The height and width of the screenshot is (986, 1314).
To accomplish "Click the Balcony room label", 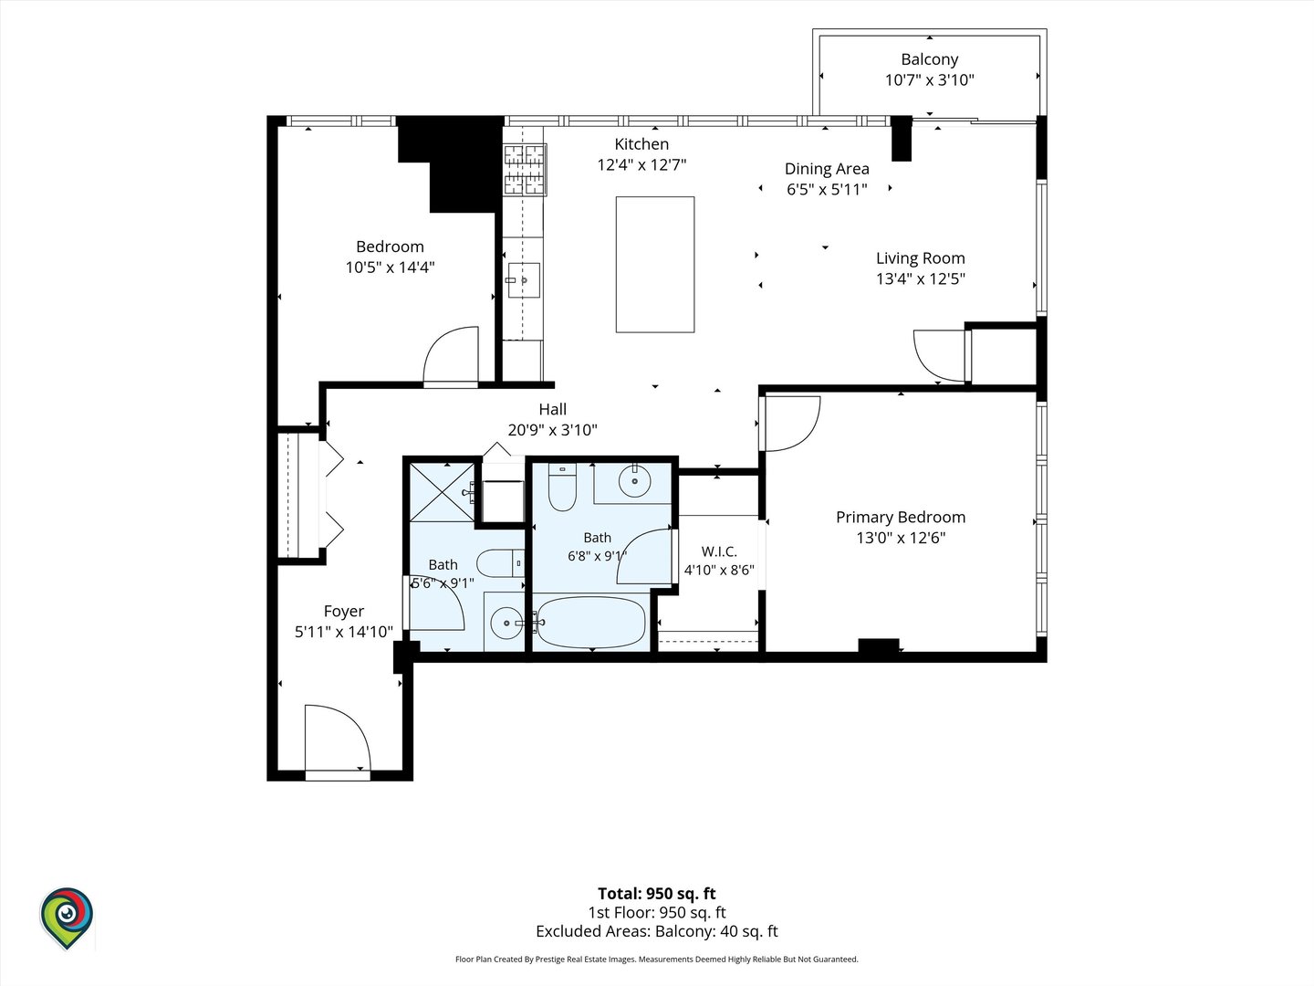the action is point(929,59).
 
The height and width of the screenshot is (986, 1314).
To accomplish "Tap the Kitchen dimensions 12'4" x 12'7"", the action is point(641,164).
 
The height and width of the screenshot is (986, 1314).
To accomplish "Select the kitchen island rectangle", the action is point(655,264).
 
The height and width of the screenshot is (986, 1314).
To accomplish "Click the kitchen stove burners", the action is point(525,170).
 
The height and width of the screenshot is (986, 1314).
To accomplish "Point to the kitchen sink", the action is point(523,280).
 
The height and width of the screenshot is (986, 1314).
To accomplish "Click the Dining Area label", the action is point(827,169).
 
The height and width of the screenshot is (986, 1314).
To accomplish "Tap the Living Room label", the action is point(920,258).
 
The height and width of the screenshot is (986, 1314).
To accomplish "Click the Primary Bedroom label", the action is point(901,517).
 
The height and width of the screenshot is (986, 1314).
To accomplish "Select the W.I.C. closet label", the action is point(719,551).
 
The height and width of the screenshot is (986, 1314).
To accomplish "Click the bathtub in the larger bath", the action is point(591,622).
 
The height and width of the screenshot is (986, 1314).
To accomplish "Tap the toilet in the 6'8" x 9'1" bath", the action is point(562,487).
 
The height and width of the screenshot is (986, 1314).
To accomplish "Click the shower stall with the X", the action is point(442,492).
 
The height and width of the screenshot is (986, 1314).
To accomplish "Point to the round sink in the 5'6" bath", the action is point(506,623).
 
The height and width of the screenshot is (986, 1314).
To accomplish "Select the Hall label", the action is point(552,410).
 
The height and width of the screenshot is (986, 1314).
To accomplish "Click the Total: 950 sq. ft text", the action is point(657,894).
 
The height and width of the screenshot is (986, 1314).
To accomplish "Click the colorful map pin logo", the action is point(67,918).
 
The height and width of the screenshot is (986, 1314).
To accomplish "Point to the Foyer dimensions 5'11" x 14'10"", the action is point(344,632).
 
